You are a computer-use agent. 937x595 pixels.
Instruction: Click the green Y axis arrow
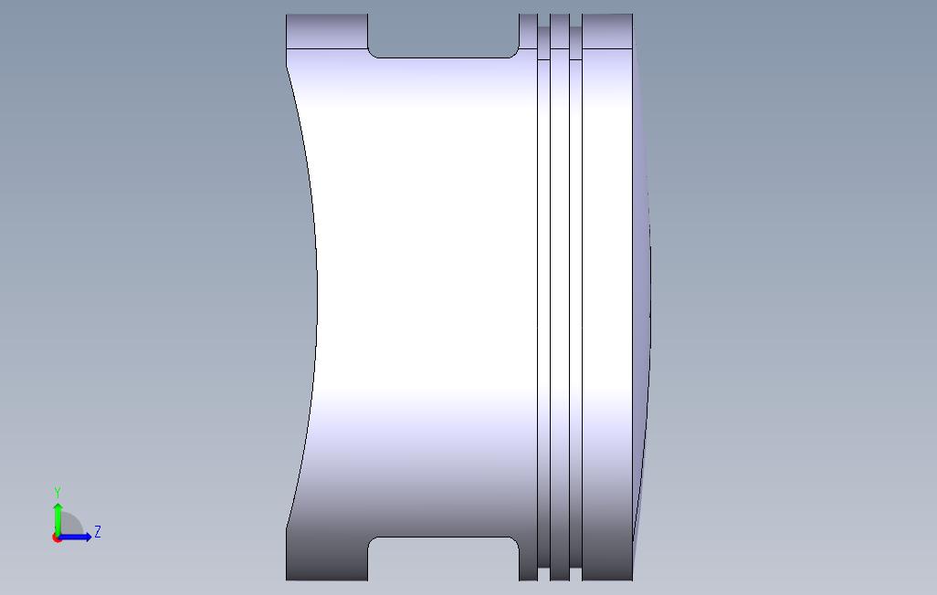tap(58, 516)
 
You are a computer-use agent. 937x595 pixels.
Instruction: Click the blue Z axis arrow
tap(78, 537)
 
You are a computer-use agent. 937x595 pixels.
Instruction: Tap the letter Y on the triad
tap(58, 493)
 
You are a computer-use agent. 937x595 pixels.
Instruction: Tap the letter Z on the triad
tap(97, 532)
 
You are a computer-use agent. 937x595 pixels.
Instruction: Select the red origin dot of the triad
tap(57, 538)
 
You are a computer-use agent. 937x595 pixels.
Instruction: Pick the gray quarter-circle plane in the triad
tap(70, 526)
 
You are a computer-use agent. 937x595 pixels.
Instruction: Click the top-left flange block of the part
tap(326, 32)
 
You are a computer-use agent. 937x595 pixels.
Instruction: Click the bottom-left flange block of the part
tap(326, 558)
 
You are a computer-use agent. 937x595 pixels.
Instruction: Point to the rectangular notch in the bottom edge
tap(443, 558)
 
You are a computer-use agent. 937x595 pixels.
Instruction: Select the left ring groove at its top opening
tap(544, 32)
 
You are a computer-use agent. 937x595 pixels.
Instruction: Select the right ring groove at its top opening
tap(575, 32)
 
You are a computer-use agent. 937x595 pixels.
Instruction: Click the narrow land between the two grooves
tap(560, 274)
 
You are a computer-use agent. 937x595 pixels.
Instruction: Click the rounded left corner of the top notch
tap(373, 52)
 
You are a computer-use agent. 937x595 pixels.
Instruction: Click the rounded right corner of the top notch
tap(514, 52)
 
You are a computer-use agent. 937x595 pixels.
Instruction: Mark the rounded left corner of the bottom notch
tap(373, 542)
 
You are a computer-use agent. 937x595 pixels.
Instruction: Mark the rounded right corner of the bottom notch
tap(514, 542)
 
